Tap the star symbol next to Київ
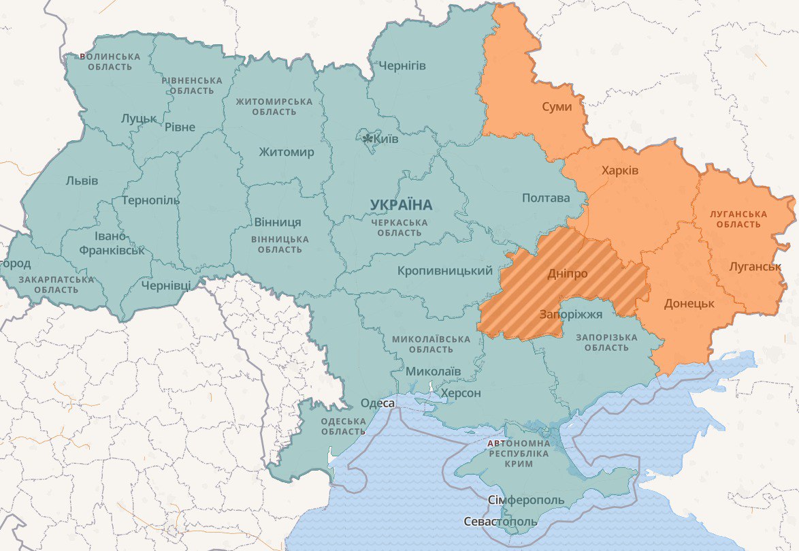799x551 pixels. pyautogui.click(x=368, y=139)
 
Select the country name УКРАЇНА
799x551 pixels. pyautogui.click(x=402, y=204)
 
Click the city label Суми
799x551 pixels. pyautogui.click(x=557, y=107)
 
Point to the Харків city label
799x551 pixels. pyautogui.click(x=620, y=170)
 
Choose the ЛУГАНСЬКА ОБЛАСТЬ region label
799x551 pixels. pyautogui.click(x=738, y=219)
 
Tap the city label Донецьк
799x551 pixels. pyautogui.click(x=689, y=303)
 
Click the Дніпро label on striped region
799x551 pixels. pyautogui.click(x=567, y=274)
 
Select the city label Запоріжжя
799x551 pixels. pyautogui.click(x=571, y=315)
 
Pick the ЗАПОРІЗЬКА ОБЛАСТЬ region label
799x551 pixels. pyautogui.click(x=606, y=343)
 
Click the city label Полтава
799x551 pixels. pyautogui.click(x=546, y=198)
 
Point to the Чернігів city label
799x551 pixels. pyautogui.click(x=402, y=66)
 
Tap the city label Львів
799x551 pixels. pyautogui.click(x=82, y=180)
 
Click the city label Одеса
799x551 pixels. pyautogui.click(x=377, y=403)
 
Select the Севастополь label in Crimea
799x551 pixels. pyautogui.click(x=500, y=522)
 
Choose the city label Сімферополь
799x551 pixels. pyautogui.click(x=526, y=501)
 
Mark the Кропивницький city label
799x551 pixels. pyautogui.click(x=445, y=271)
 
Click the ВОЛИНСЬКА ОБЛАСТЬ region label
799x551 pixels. pyautogui.click(x=110, y=61)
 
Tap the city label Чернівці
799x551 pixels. pyautogui.click(x=166, y=285)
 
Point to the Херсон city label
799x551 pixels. pyautogui.click(x=461, y=393)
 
